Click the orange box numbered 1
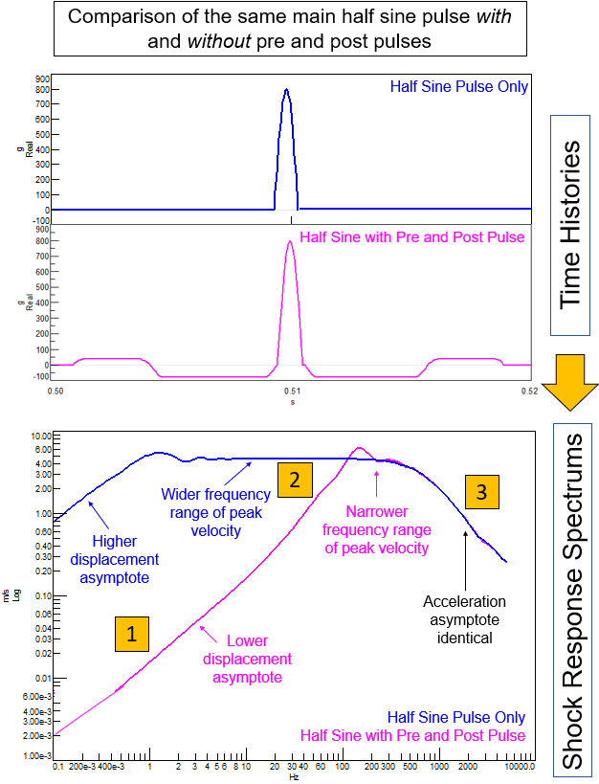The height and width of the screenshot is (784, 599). point(132,633)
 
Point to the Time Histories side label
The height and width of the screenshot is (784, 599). point(570,226)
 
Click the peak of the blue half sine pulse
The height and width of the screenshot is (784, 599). point(286,90)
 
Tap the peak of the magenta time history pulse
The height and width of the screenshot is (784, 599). point(289,241)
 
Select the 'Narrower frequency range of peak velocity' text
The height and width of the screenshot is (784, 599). point(376,529)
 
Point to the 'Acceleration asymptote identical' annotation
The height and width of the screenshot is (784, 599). point(464,617)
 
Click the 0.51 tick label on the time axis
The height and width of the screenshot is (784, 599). point(291,392)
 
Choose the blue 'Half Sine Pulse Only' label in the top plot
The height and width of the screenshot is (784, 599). point(459,87)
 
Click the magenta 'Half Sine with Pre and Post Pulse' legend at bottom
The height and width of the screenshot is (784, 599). point(412,735)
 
